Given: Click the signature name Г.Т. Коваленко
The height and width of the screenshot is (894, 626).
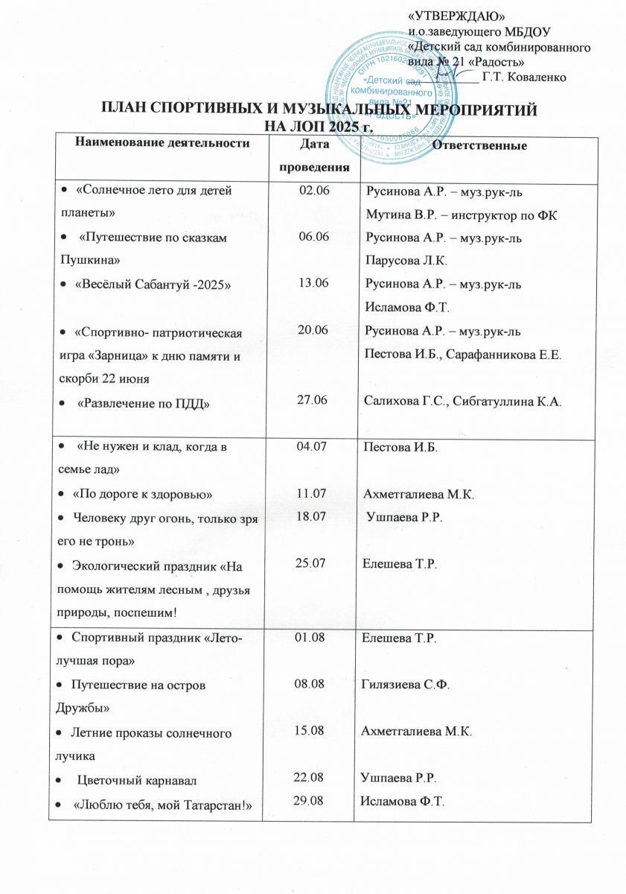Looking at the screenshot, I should (x=525, y=76).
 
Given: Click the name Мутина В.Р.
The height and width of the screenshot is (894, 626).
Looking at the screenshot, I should (x=400, y=216).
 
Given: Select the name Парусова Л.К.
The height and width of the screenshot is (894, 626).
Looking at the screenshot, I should (x=403, y=262).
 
